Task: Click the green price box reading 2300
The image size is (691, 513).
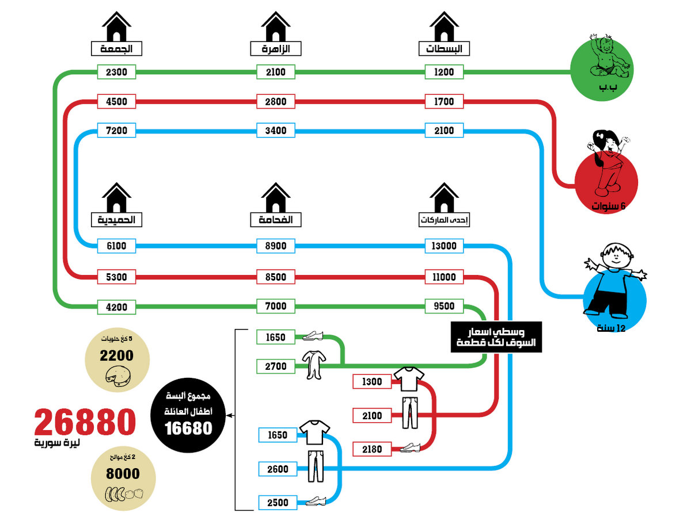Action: tap(116, 72)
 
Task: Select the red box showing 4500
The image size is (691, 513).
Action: tap(116, 101)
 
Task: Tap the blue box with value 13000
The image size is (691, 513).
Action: tap(443, 246)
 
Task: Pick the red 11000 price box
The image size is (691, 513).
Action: tap(443, 277)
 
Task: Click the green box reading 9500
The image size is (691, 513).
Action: tap(443, 306)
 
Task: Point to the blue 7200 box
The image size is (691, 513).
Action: tap(116, 130)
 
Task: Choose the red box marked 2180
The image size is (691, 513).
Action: tap(371, 449)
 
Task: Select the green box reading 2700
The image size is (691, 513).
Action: tap(275, 366)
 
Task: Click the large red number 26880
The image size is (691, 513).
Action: tap(85, 422)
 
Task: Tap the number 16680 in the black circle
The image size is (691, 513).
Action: tap(188, 428)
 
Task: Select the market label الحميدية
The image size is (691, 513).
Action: tap(116, 220)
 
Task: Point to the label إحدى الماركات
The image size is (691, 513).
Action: tap(443, 220)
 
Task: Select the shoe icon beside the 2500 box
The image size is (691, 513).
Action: tap(316, 501)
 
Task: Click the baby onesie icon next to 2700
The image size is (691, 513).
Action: tap(314, 365)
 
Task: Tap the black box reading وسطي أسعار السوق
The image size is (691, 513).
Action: tap(496, 337)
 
